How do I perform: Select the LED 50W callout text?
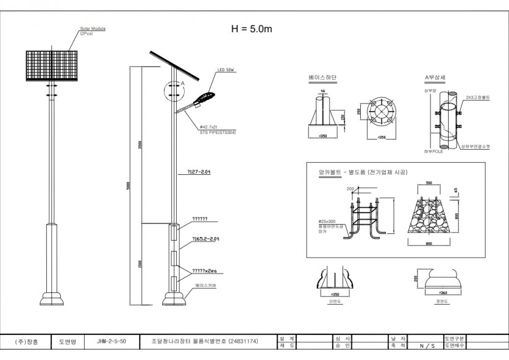click(226, 71)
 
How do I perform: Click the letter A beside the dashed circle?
click(182, 82)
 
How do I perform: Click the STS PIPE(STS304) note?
click(218, 132)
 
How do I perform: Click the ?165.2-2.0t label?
click(205, 239)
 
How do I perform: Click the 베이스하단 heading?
click(322, 78)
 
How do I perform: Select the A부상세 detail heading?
click(435, 78)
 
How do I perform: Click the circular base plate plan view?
click(381, 113)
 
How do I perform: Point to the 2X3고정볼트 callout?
click(478, 97)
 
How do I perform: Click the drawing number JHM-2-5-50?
click(112, 342)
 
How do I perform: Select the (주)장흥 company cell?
click(26, 342)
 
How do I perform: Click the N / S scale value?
click(427, 345)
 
